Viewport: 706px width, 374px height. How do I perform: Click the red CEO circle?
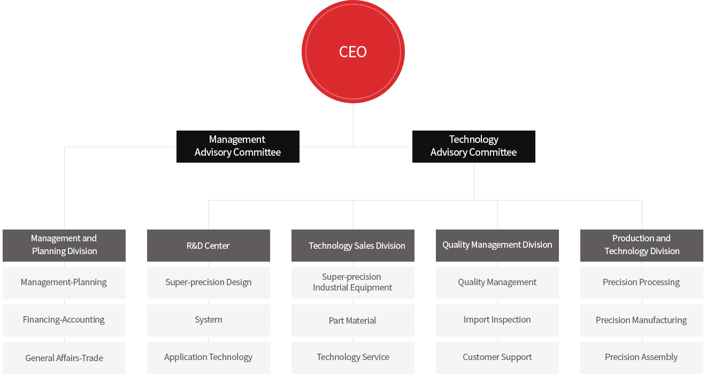353,51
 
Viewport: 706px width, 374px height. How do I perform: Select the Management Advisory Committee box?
237,146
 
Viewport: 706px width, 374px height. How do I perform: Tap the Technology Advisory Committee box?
474,146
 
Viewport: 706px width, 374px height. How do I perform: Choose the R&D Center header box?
209,246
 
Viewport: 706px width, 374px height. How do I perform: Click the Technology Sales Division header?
352,246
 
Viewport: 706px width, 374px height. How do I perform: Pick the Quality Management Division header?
497,246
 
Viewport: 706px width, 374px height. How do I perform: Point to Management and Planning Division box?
64,246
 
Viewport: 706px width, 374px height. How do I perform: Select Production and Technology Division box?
641,246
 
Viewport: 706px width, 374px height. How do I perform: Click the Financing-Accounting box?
64,320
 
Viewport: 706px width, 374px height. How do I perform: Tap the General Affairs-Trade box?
64,357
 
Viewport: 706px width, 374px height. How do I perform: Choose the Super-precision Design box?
209,283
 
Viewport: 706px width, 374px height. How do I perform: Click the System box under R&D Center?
209,320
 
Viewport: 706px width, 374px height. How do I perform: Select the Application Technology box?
209,357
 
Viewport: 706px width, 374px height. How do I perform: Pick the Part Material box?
352,320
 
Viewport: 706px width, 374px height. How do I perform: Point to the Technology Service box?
352,357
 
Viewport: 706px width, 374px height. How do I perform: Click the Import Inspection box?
497,320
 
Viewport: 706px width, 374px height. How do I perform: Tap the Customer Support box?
497,357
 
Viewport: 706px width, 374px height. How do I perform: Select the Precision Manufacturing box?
641,320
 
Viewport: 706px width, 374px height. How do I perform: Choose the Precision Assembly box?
641,357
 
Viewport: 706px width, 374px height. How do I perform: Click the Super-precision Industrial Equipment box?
352,283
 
